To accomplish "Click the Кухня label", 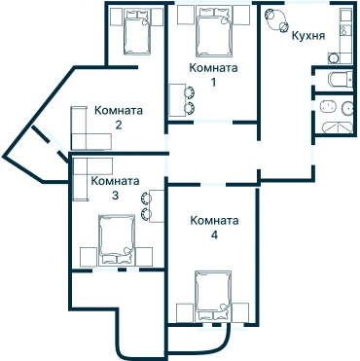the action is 308,36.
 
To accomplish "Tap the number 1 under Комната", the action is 213,83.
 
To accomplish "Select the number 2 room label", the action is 119,125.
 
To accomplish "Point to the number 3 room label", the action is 115,196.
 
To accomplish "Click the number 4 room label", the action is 214,235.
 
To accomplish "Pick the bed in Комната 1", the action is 214,32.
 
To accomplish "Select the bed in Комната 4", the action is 213,296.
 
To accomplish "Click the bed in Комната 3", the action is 117,239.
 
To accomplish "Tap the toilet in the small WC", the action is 341,80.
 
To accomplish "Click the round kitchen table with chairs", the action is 276,19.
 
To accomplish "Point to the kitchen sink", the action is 333,58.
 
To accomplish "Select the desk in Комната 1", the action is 178,100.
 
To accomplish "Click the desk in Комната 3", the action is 157,206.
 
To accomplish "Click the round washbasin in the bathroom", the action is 347,108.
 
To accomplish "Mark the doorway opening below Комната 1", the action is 213,123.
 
